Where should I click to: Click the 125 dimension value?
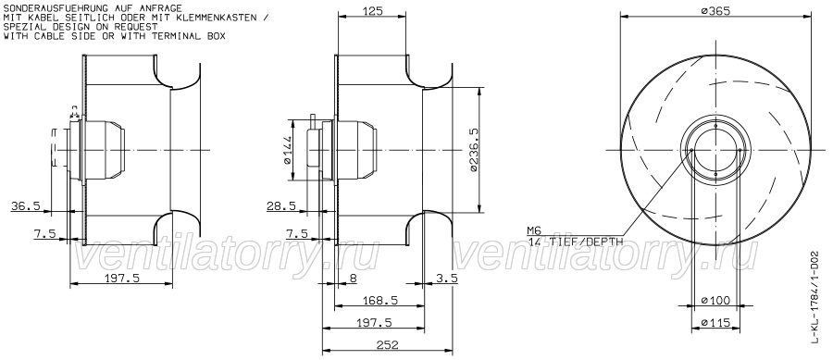[x=372, y=10]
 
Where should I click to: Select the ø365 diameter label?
[x=715, y=10]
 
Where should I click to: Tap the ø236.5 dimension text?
[x=474, y=150]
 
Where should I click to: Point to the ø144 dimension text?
[x=287, y=150]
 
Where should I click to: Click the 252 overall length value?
[x=387, y=345]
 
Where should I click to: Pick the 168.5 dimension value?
[x=379, y=301]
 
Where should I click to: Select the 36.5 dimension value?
[x=26, y=206]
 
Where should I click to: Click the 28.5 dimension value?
[x=281, y=206]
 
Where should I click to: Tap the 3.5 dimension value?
[x=447, y=278]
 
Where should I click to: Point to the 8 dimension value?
[x=354, y=278]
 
